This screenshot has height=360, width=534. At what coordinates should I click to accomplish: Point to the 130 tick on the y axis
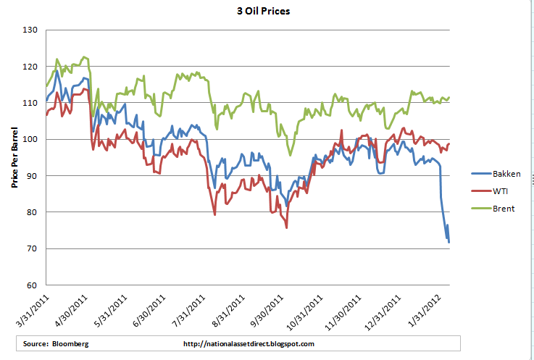pos(30,30)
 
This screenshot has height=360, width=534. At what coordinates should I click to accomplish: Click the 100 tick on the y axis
pos(30,139)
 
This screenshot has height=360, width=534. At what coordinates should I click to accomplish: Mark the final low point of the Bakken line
pos(449,242)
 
